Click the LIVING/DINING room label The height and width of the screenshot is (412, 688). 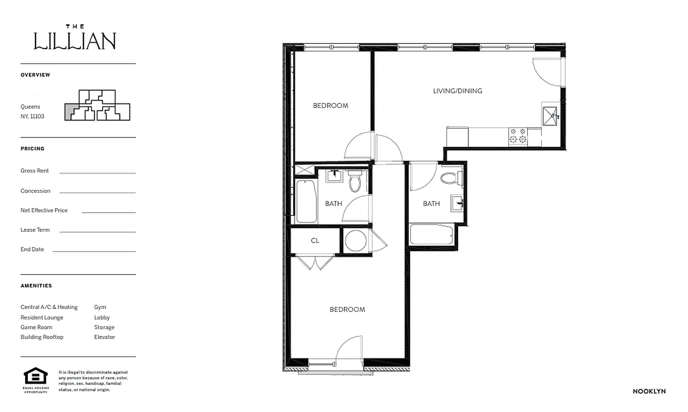(458, 91)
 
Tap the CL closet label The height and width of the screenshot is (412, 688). (315, 241)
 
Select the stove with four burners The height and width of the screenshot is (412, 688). (518, 135)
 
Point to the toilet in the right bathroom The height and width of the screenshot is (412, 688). (450, 178)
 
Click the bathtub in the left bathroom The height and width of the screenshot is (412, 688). (306, 201)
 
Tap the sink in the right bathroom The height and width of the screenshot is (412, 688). (457, 203)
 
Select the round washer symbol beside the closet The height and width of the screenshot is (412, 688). (356, 241)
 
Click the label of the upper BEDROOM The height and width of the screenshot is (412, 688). (330, 106)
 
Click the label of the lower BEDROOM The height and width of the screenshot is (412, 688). (347, 310)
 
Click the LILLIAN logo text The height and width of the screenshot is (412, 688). (75, 41)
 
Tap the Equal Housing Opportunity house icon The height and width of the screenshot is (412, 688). (35, 376)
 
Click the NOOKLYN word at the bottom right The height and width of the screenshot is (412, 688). (649, 391)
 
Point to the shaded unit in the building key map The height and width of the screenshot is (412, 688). (71, 111)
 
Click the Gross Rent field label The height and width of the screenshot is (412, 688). (35, 170)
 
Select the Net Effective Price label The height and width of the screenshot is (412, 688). (44, 210)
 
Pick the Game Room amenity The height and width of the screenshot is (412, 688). (36, 327)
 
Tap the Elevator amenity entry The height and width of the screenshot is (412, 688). (105, 337)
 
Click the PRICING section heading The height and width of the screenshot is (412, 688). (32, 148)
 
